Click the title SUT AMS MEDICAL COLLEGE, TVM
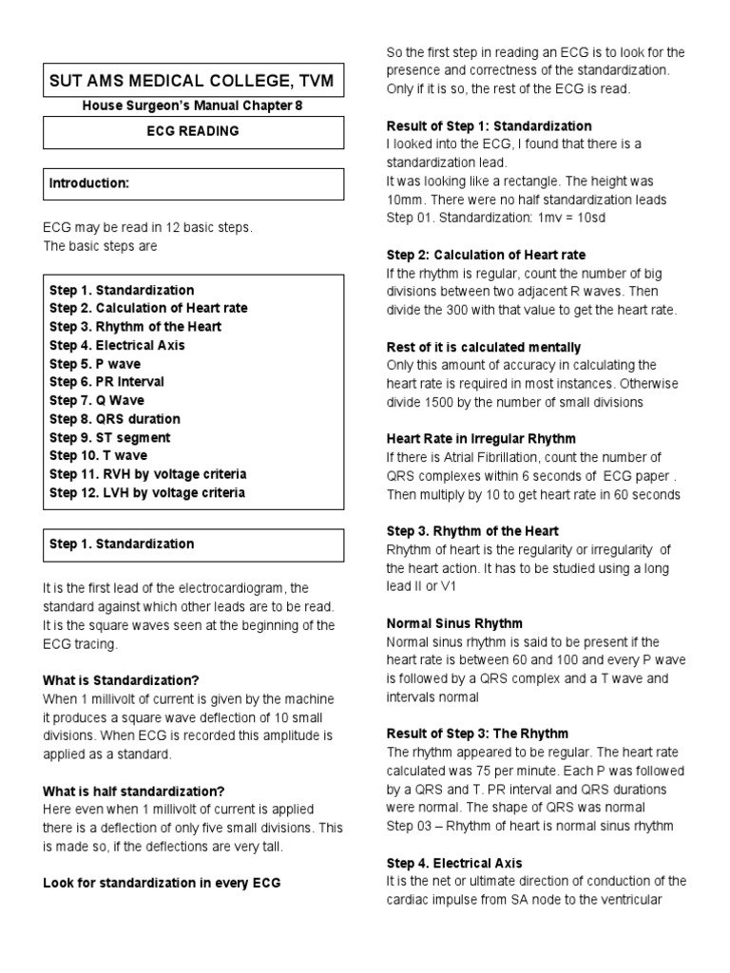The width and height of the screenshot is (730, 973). point(191,82)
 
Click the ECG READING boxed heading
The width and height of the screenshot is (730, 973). point(191,131)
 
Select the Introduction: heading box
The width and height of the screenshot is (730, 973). point(191,183)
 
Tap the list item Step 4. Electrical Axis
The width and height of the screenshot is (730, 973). point(118,345)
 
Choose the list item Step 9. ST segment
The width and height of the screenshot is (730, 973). point(110,437)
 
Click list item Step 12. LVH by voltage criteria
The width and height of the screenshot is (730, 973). point(147,492)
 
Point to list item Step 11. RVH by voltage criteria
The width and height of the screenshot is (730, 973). point(147,474)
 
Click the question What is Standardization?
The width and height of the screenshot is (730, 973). point(121,680)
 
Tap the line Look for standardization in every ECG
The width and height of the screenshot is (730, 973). point(162,883)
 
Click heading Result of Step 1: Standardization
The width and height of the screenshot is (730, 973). point(489,125)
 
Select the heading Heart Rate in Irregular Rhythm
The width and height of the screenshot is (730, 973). point(481,439)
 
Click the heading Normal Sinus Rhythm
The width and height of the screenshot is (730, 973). point(454,623)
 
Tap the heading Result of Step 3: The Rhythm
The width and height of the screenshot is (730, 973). point(477,734)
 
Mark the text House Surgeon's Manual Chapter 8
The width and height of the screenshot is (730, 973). point(192,106)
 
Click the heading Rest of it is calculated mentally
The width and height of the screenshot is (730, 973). point(483,347)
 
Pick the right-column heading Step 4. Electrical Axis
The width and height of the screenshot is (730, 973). point(454,863)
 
